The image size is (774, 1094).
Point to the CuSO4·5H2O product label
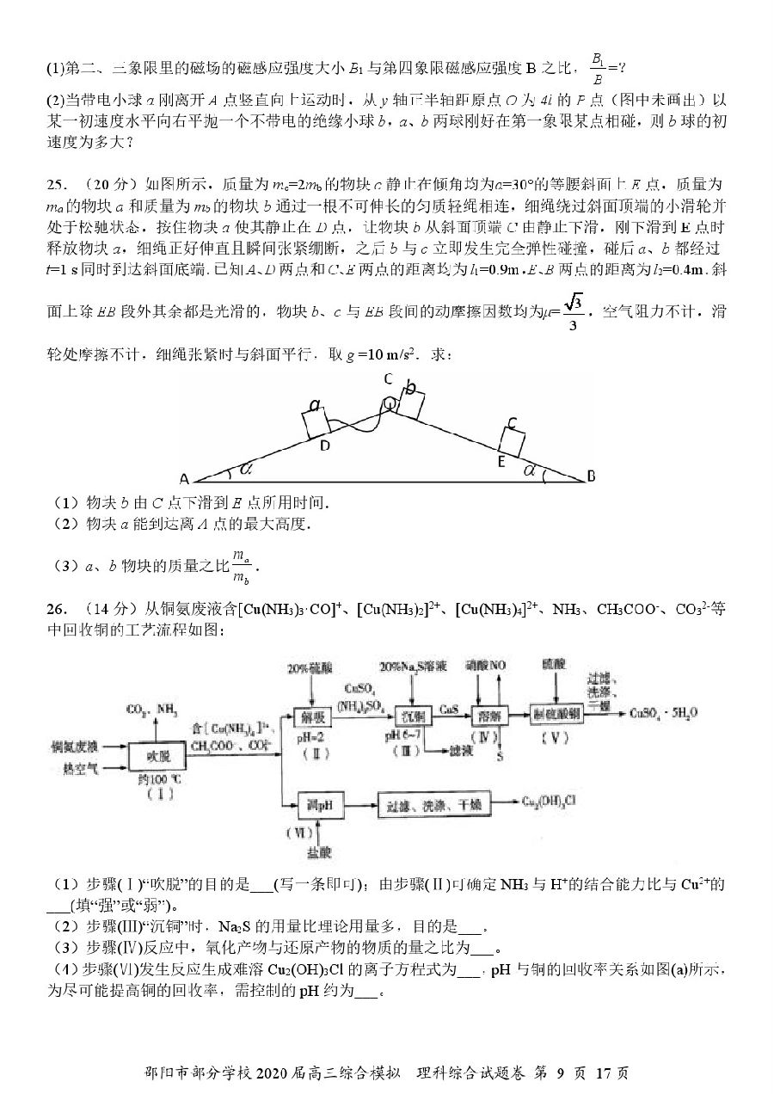pyautogui.click(x=663, y=713)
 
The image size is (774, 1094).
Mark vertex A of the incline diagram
pyautogui.click(x=183, y=479)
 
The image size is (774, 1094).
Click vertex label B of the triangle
pyautogui.click(x=592, y=475)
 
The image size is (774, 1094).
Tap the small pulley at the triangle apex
pyautogui.click(x=390, y=402)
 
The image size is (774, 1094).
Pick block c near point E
pyautogui.click(x=512, y=437)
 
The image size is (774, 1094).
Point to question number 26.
pyautogui.click(x=58, y=610)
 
